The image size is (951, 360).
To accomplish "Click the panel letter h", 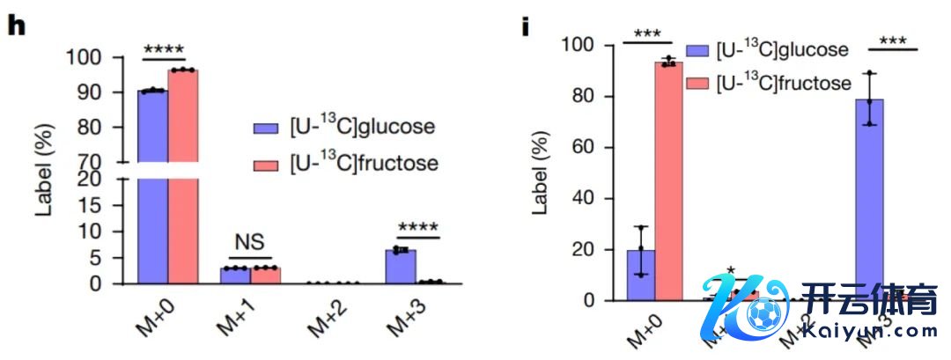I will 16,25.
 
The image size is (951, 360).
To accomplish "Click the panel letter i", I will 526,26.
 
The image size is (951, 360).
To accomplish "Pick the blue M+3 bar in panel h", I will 401,267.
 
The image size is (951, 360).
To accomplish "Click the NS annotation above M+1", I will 250,242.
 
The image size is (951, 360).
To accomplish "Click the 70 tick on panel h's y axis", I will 109,162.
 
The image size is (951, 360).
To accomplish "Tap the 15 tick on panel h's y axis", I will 109,214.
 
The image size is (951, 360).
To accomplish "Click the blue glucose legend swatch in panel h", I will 267,127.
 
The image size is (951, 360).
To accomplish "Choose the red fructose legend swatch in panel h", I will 267,164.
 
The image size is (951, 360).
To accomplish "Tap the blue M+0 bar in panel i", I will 640,275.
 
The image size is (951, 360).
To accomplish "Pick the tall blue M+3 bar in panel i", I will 869,199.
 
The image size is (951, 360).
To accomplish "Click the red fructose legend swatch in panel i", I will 701,84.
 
